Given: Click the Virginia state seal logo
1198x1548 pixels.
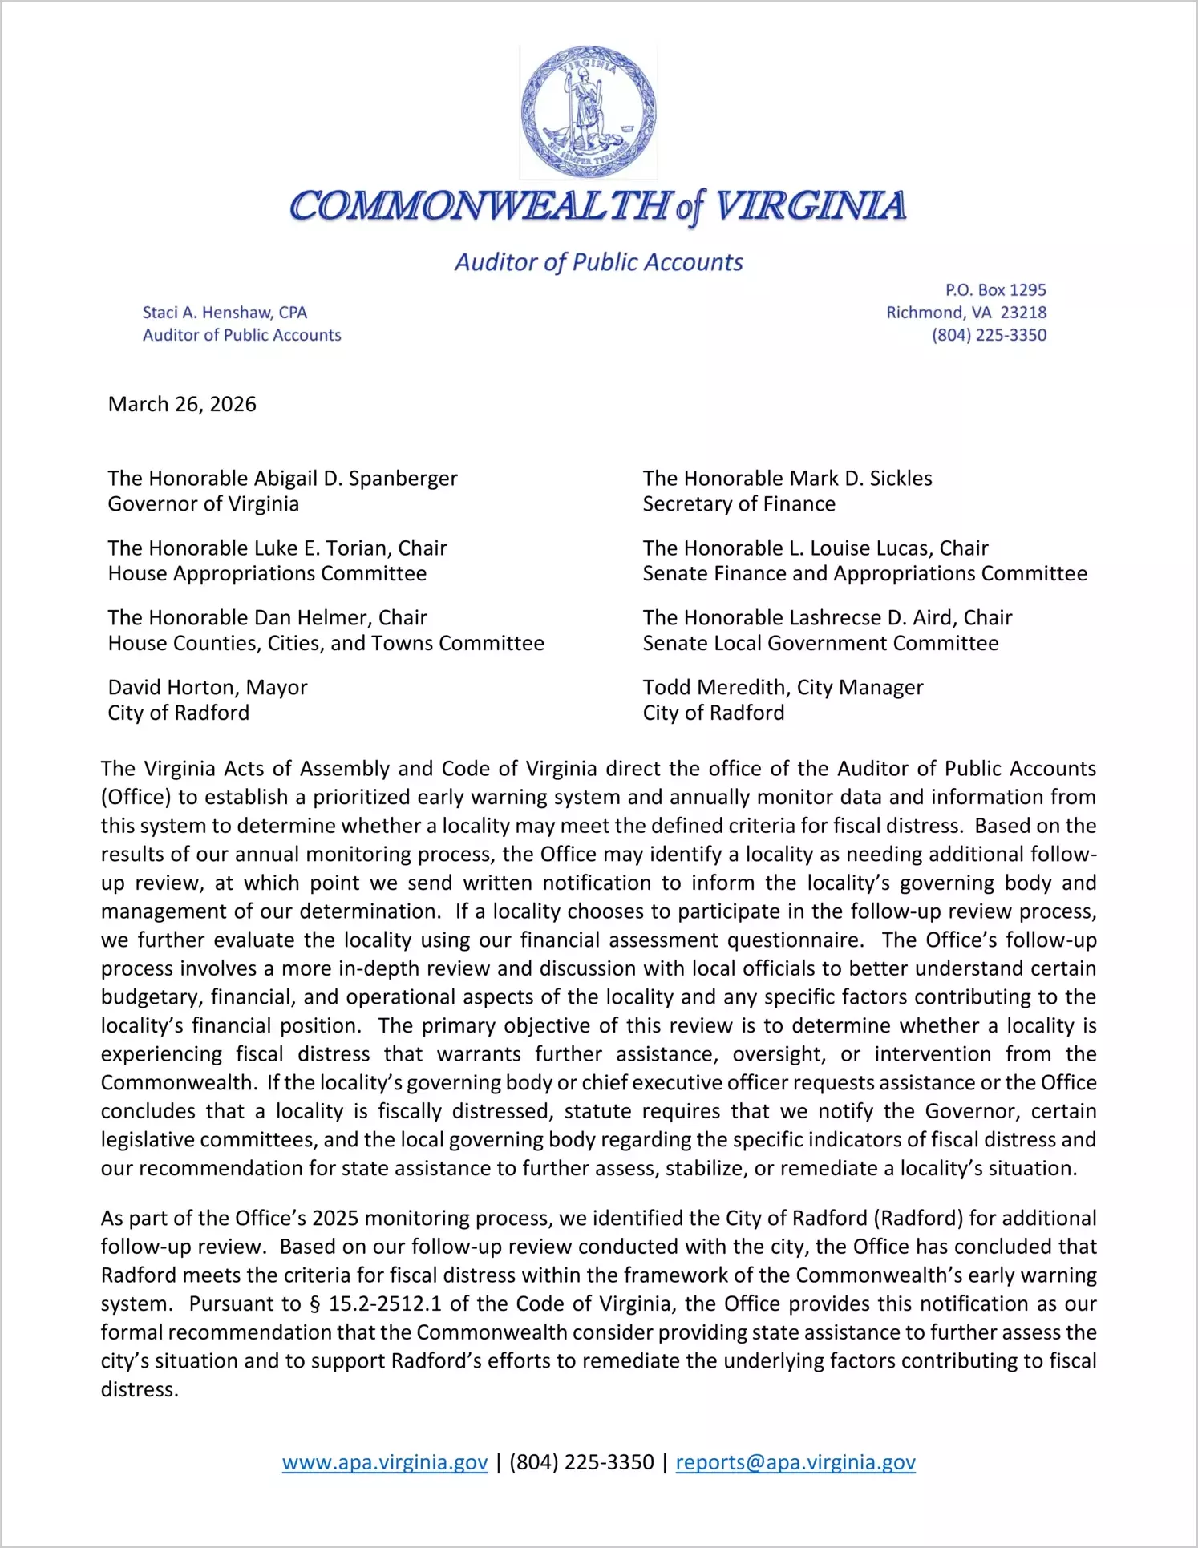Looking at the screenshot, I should tap(588, 112).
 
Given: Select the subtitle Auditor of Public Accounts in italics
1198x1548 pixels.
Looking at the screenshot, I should tap(598, 262).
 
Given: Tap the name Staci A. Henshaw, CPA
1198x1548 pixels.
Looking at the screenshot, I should tap(225, 313).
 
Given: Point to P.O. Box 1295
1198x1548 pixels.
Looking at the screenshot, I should tap(995, 290).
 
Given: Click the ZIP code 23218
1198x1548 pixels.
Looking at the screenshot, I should tap(1023, 313).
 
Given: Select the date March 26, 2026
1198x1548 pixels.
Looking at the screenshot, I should tap(182, 404).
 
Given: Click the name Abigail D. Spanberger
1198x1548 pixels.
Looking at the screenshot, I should tap(355, 479).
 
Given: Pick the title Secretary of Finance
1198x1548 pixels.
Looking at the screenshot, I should tap(739, 504).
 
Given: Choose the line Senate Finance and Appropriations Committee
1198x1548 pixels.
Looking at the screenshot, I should tap(864, 574).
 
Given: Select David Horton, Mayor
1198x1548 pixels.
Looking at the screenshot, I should tap(208, 688).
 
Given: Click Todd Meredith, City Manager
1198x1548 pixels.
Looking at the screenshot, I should tap(783, 688).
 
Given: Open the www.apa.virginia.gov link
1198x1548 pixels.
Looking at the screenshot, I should tap(385, 1462).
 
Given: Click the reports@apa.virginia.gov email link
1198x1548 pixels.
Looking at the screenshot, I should tap(795, 1462).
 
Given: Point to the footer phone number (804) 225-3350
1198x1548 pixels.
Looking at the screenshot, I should tap(581, 1462).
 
